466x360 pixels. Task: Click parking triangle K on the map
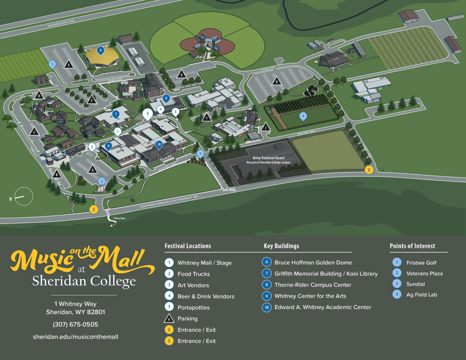pos(276,82)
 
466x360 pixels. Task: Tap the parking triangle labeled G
pos(181,75)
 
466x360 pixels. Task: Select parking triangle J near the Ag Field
pos(265,128)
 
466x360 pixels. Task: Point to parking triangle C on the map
pos(33,132)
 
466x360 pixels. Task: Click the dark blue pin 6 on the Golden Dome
pos(101,50)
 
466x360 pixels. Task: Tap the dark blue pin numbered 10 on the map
pos(159,144)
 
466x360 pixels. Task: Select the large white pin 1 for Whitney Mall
pos(147,113)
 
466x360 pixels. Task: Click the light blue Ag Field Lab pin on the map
pos(303,116)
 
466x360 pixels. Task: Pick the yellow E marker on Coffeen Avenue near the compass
pos(94,209)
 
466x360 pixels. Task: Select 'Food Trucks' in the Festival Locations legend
pos(193,274)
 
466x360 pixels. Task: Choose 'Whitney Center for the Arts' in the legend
pos(310,296)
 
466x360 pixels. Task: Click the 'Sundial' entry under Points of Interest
pos(415,284)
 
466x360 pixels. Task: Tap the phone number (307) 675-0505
pos(75,325)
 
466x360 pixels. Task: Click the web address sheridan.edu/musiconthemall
pos(75,337)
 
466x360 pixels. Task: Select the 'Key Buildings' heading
pos(281,246)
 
